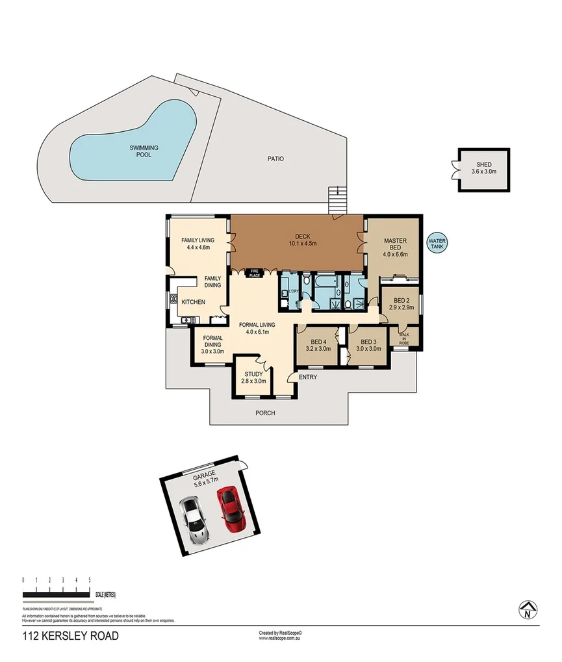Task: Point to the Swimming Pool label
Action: [x=143, y=151]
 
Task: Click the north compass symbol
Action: [x=528, y=609]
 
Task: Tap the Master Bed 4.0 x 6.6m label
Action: [x=395, y=248]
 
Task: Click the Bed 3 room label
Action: [x=369, y=345]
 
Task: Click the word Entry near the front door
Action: [x=307, y=376]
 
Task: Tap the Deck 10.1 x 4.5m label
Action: [x=296, y=240]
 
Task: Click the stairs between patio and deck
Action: [x=336, y=199]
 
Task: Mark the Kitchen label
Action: [x=193, y=302]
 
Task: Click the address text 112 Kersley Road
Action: [x=70, y=636]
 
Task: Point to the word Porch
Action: [x=265, y=413]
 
